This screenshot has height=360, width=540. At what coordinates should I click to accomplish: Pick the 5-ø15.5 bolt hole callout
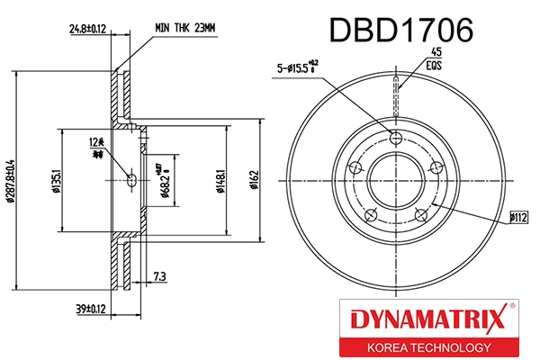click(x=300, y=67)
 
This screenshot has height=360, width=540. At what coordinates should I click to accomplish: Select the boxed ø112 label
click(x=518, y=216)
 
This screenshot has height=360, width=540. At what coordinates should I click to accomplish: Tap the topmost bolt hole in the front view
click(x=397, y=136)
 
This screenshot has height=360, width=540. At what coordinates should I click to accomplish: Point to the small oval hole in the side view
click(x=131, y=180)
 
